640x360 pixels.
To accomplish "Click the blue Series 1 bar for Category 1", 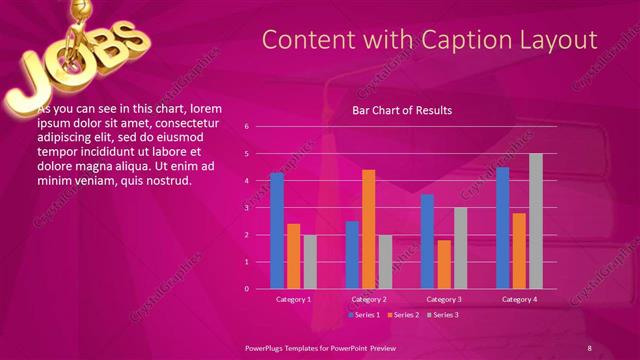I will coord(277,231).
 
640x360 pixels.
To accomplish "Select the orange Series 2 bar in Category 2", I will coord(368,229).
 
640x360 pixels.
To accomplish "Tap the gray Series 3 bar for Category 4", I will coord(536,221).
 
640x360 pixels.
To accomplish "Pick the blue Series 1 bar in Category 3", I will coord(427,241).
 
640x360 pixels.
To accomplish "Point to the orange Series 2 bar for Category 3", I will coord(444,264).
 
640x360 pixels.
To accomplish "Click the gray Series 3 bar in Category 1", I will coord(310,261).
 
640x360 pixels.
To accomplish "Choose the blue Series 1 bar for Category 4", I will coord(503,228).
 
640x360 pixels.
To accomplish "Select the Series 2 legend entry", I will coord(402,315).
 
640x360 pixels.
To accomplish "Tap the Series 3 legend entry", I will coord(442,315).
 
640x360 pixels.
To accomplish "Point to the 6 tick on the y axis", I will coord(246,127).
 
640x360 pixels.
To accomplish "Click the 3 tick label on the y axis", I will coord(246,208).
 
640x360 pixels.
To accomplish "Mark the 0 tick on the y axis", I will coord(246,289).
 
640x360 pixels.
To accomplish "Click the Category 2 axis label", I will coord(369,299).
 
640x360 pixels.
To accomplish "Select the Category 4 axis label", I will coord(519,299).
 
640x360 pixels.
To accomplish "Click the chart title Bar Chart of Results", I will coord(402,110).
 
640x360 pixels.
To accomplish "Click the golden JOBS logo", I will coord(75,55).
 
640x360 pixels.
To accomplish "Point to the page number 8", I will coord(589,347).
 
